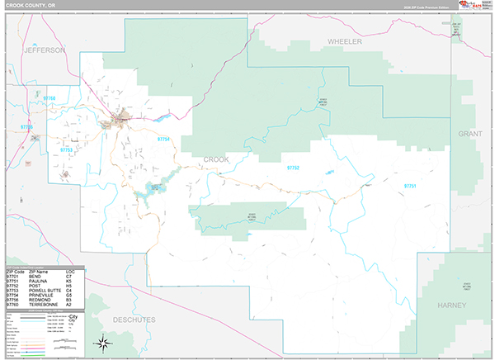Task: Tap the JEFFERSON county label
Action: click(45, 50)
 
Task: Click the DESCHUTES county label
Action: click(136, 316)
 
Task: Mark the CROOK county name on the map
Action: click(215, 159)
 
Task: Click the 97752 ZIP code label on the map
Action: click(293, 168)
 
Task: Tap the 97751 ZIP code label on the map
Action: click(410, 187)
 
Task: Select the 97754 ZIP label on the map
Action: click(164, 140)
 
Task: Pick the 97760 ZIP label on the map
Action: click(50, 99)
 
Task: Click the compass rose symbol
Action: click(104, 343)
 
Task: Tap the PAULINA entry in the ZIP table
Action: click(38, 281)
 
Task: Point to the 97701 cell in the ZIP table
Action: click(12, 276)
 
